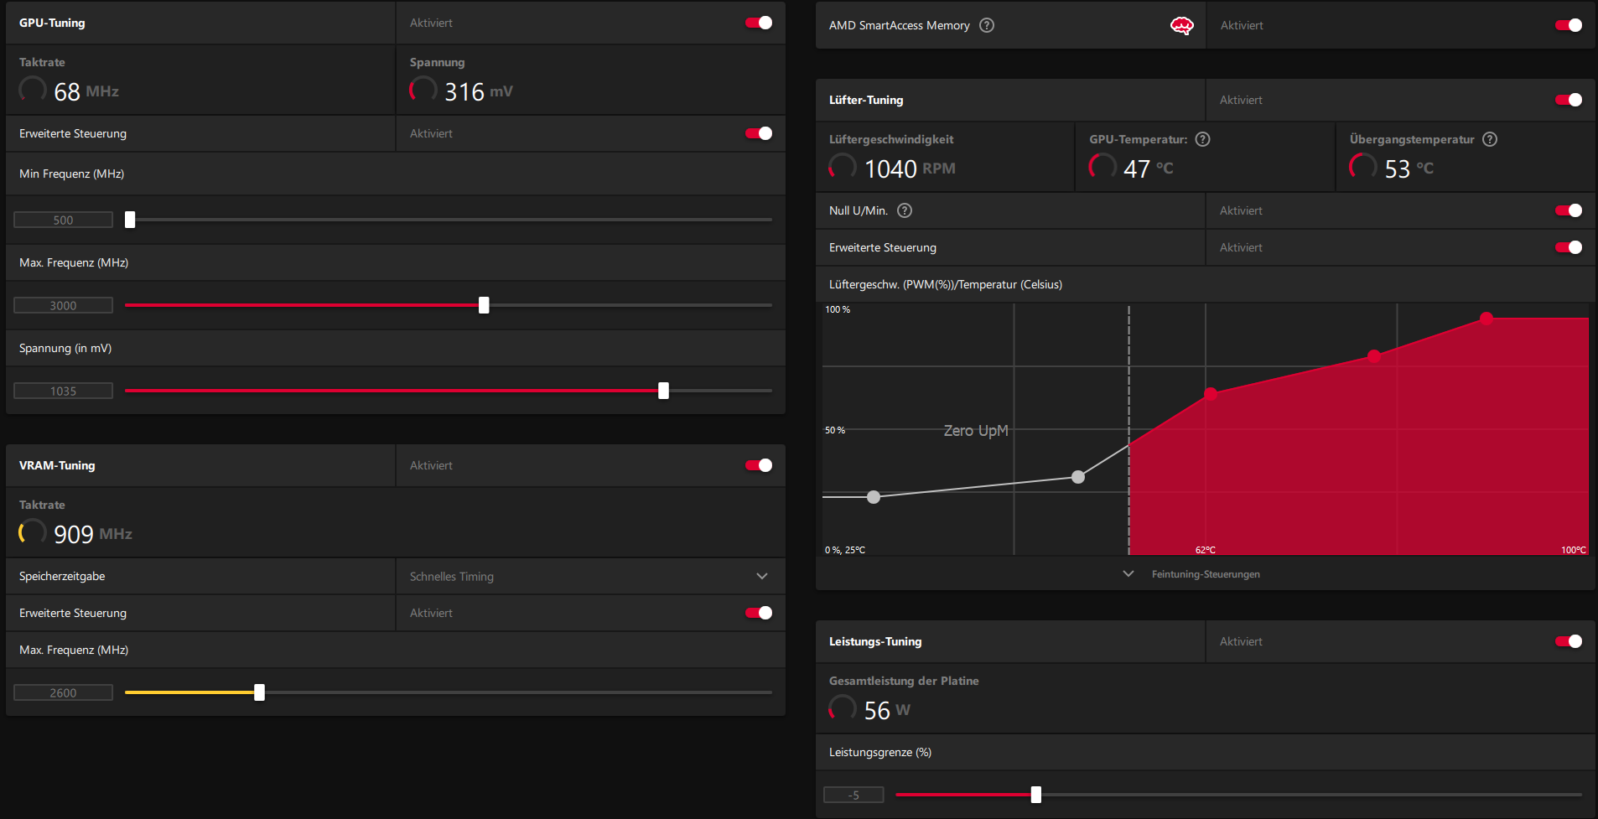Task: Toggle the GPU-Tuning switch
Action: pyautogui.click(x=759, y=23)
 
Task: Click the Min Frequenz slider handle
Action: pyautogui.click(x=130, y=220)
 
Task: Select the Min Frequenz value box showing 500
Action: pyautogui.click(x=63, y=220)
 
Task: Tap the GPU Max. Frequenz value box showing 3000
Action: pyautogui.click(x=63, y=305)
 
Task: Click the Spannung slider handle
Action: pyautogui.click(x=663, y=391)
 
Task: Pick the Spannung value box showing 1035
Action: pyautogui.click(x=63, y=391)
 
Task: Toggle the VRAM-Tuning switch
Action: pyautogui.click(x=759, y=465)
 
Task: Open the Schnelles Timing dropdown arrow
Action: pyautogui.click(x=761, y=576)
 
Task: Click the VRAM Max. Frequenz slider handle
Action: pyautogui.click(x=259, y=692)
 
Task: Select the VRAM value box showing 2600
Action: pyautogui.click(x=63, y=692)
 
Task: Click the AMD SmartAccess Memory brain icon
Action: pyautogui.click(x=1181, y=25)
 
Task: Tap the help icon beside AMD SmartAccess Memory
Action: pyautogui.click(x=987, y=25)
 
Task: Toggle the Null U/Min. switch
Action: pyautogui.click(x=1568, y=210)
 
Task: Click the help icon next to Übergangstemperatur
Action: pyautogui.click(x=1490, y=139)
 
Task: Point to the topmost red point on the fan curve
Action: pyautogui.click(x=1486, y=319)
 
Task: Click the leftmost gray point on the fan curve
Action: pyautogui.click(x=874, y=497)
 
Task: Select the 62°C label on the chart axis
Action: pyautogui.click(x=1205, y=550)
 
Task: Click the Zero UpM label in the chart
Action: pyautogui.click(x=976, y=430)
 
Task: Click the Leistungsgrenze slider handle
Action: pyautogui.click(x=1035, y=795)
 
